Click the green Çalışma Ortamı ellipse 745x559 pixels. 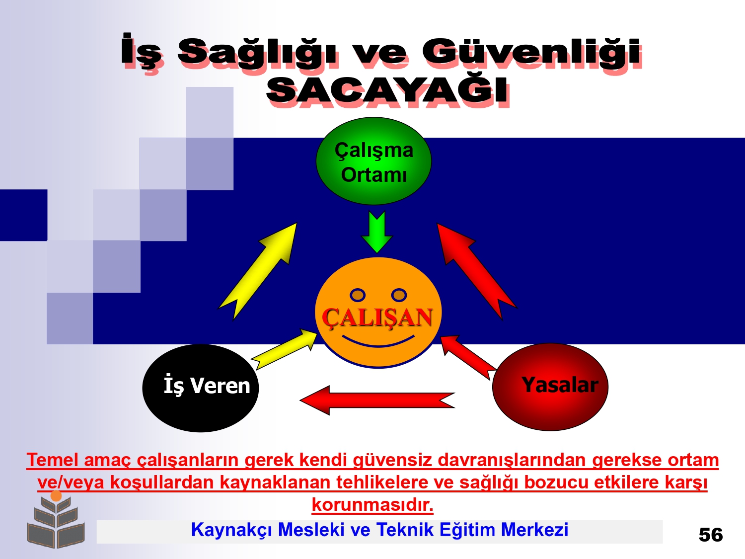(x=373, y=161)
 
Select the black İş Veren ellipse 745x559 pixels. (x=201, y=388)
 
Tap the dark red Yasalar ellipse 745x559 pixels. (x=550, y=387)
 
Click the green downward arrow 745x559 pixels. (x=377, y=232)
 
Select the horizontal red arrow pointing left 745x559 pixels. (x=377, y=400)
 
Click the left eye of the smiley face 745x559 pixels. (x=358, y=295)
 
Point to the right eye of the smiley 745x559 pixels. (x=399, y=295)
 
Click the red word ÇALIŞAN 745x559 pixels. (x=377, y=318)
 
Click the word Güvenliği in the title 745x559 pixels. (x=531, y=52)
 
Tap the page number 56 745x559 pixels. (x=711, y=535)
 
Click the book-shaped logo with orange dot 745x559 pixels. (x=56, y=520)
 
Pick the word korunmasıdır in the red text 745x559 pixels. (x=372, y=505)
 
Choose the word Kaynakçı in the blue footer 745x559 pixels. (x=231, y=530)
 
